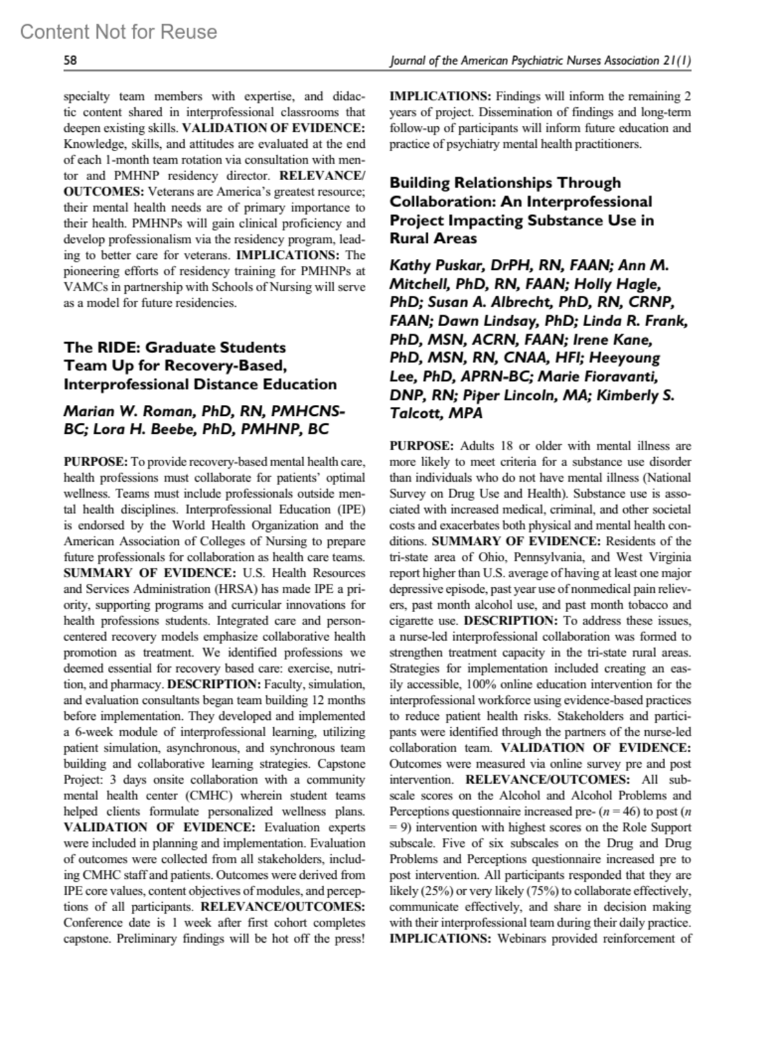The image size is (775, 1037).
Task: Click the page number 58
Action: tap(70, 61)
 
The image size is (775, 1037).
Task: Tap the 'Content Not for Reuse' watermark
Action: tap(119, 32)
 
